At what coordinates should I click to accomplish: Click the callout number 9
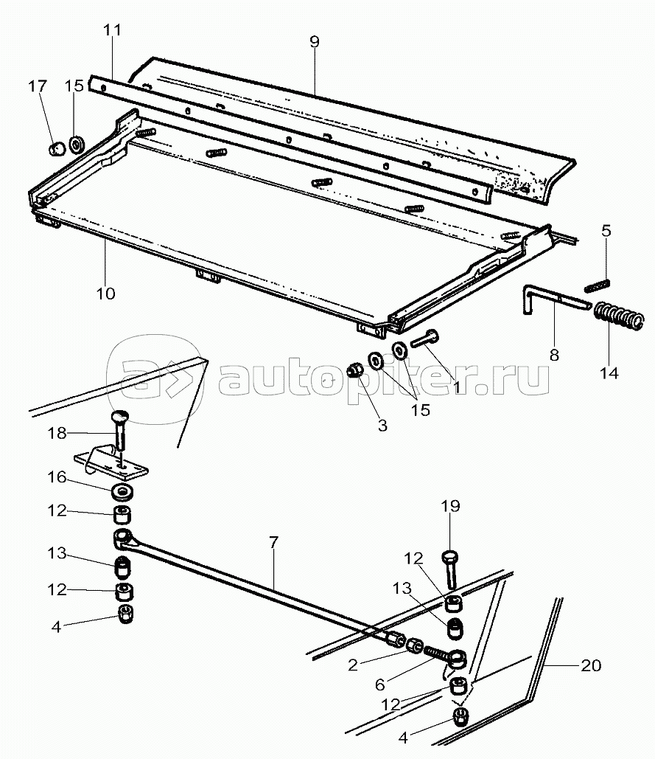pos(314,41)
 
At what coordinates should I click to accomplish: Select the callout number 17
pos(38,86)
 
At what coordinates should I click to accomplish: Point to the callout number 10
pos(105,294)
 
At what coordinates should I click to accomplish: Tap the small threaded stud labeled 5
pos(599,283)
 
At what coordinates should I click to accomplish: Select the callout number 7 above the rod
pos(273,542)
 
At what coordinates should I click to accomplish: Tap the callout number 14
pos(609,372)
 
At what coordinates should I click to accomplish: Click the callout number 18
pos(57,433)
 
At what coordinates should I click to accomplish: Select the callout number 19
pos(450,506)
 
